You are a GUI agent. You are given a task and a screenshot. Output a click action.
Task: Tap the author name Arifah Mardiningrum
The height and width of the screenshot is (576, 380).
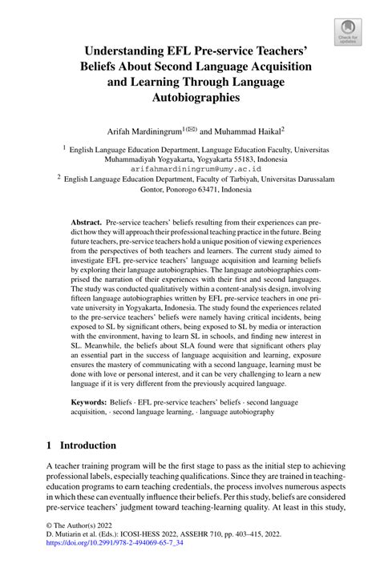click(146, 129)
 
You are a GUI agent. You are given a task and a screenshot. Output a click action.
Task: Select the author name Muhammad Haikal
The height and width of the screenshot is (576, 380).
click(244, 129)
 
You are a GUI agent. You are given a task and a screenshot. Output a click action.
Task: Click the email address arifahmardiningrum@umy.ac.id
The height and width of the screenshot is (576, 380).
click(190, 170)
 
